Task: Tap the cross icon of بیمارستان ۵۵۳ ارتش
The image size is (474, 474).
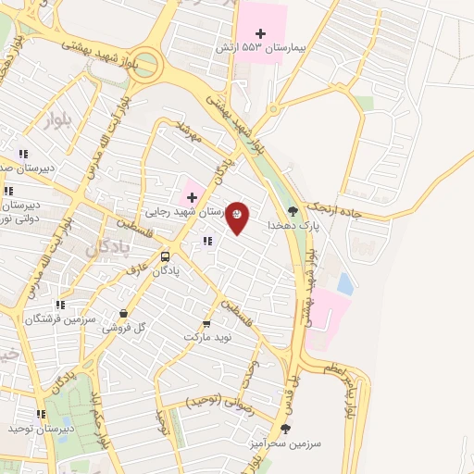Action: click(273, 33)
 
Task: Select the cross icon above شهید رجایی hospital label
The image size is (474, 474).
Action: click(192, 197)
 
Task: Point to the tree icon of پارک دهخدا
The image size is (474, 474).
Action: click(293, 211)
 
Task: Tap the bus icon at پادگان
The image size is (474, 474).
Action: click(165, 256)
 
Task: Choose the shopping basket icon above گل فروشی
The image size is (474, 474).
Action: click(124, 314)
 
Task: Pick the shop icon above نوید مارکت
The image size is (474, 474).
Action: click(206, 325)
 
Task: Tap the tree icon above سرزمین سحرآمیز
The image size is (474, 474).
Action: click(285, 429)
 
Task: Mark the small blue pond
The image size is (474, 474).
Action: click(345, 281)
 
